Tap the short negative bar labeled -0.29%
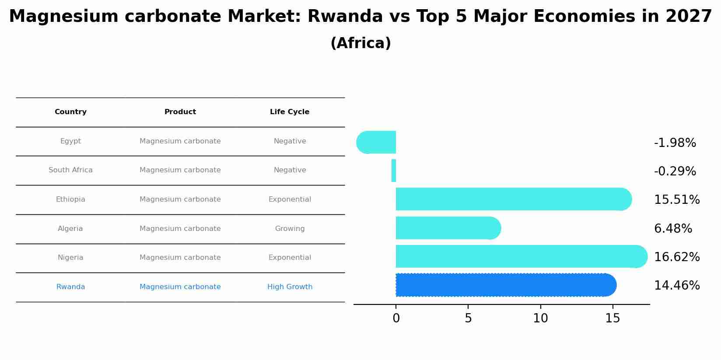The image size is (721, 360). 394,171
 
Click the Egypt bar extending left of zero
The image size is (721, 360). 376,142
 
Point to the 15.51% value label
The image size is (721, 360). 676,200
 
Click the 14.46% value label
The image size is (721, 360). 676,286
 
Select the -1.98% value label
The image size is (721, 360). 675,143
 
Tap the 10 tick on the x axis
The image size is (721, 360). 540,318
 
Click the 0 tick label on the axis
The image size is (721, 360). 396,318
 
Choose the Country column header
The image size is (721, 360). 70,112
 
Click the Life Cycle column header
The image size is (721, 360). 290,112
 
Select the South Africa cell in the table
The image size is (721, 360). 70,170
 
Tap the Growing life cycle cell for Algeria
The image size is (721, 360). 290,229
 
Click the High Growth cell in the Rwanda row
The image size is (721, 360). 290,287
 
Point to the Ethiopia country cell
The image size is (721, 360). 70,199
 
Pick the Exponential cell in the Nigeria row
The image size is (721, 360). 290,258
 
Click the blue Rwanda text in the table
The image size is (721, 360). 70,287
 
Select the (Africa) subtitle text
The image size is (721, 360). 360,43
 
